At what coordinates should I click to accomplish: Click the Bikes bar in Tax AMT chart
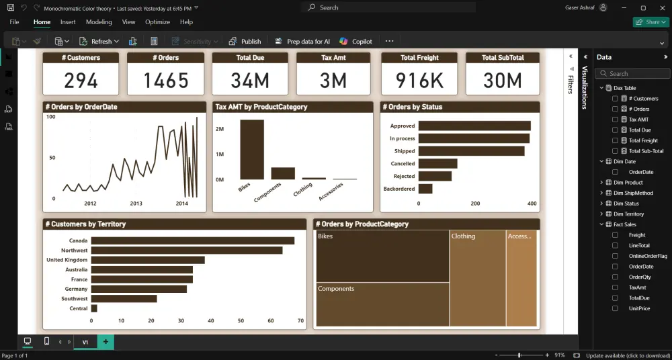point(252,150)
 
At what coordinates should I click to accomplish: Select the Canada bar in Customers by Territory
point(192,240)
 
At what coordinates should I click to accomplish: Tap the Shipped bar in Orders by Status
point(471,151)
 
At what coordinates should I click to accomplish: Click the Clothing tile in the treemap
point(478,278)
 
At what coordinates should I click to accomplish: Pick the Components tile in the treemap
point(382,304)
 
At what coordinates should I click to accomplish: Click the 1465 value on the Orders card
point(165,81)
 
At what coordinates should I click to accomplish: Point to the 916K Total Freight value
point(419,81)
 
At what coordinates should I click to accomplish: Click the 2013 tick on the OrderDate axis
point(136,203)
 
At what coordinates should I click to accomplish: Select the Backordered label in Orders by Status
point(398,189)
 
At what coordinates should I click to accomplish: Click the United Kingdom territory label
point(67,260)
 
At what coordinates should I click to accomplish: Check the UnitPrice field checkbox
point(615,308)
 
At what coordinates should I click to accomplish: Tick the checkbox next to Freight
point(615,235)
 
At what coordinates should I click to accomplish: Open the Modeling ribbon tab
point(99,22)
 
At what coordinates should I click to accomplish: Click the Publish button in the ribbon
point(245,41)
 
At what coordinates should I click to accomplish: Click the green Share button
point(648,22)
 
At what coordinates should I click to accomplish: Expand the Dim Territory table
point(601,214)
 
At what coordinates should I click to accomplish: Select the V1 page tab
point(85,342)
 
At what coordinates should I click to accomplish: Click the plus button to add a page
point(106,342)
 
